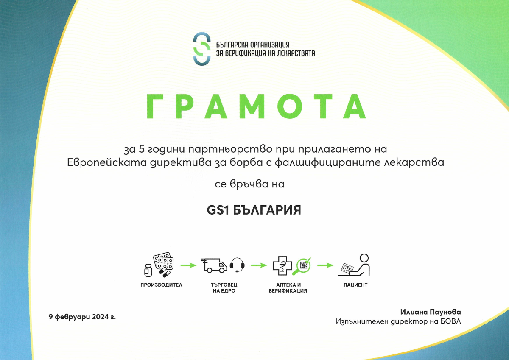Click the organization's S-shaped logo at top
[x=202, y=49]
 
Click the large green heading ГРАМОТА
[x=256, y=106]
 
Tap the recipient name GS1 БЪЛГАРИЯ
[x=254, y=210]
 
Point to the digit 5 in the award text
[x=142, y=149]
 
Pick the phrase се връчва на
[x=249, y=184]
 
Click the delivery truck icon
[x=214, y=265]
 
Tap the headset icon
[x=237, y=265]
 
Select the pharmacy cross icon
[x=282, y=265]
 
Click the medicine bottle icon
[x=148, y=271]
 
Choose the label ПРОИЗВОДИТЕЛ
[x=161, y=285]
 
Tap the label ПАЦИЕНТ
[x=355, y=285]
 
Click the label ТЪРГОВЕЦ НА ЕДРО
[x=224, y=288]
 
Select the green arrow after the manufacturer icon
[x=189, y=265]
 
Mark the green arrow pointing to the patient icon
[x=325, y=265]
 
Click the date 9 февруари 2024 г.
[x=82, y=317]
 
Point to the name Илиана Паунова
[x=431, y=312]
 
